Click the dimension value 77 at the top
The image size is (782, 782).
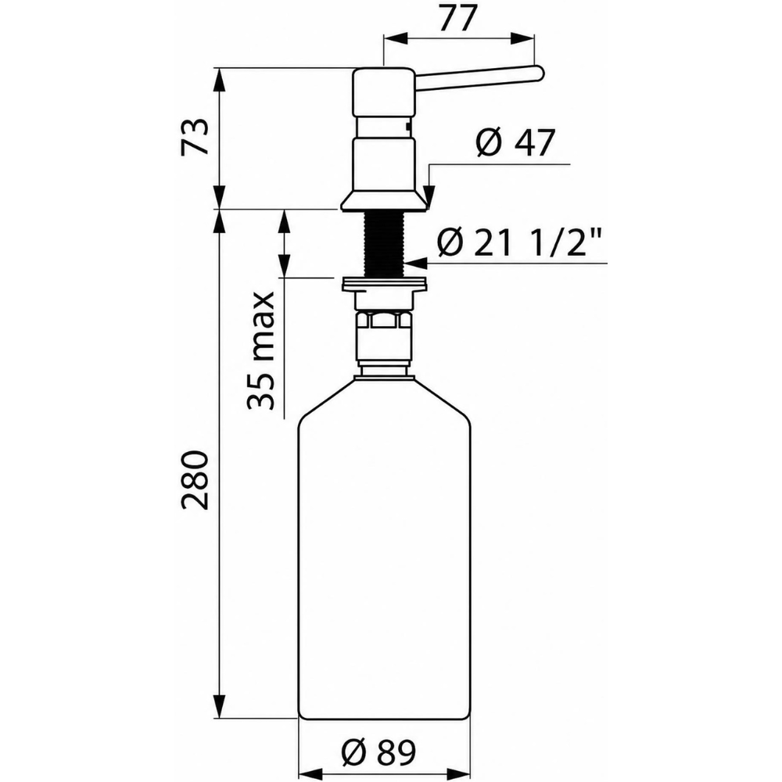(x=457, y=20)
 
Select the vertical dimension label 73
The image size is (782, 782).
(x=195, y=137)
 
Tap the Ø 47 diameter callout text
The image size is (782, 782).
(x=515, y=142)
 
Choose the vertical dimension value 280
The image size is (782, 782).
(x=195, y=479)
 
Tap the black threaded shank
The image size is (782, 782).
(x=383, y=243)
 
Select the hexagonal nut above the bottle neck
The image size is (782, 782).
(x=383, y=319)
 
